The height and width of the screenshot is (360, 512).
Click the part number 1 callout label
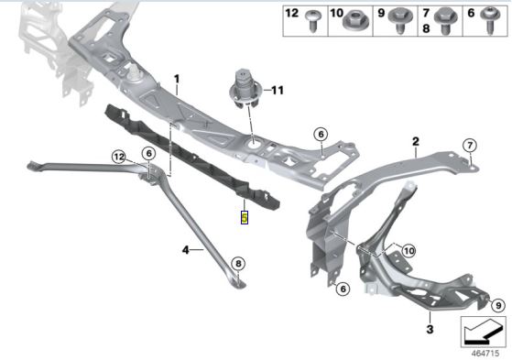[177, 80]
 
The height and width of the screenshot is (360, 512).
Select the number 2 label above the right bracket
[415, 141]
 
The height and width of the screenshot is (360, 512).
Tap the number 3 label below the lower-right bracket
[430, 327]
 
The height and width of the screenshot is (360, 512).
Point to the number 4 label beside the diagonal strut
[186, 248]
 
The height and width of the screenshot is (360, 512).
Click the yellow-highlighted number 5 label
[244, 218]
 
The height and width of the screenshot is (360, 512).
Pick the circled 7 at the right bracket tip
[470, 145]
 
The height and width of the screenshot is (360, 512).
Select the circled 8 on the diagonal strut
[238, 264]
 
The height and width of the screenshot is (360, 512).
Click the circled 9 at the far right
[497, 305]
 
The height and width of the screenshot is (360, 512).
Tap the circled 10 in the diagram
[408, 249]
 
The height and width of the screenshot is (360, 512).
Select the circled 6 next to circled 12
[147, 154]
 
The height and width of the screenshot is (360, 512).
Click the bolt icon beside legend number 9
[400, 16]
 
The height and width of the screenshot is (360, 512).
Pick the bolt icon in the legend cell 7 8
[449, 16]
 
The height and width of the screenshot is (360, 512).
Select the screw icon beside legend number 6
[490, 17]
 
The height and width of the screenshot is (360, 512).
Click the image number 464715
[485, 352]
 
